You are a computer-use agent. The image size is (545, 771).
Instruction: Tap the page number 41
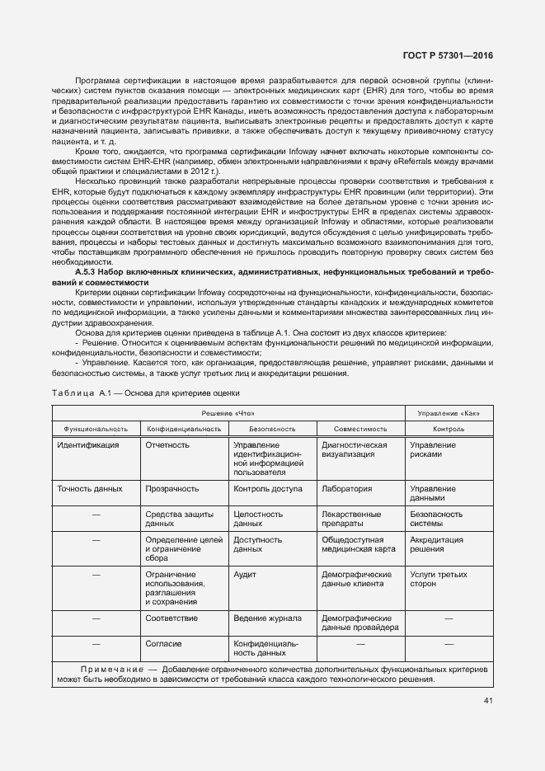tap(487, 702)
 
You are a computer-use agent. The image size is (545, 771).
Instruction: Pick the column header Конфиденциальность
tap(184, 429)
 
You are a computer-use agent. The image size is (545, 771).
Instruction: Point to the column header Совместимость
tap(360, 429)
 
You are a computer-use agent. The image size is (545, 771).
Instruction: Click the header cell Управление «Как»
tap(449, 412)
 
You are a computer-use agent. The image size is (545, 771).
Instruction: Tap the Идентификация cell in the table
tap(88, 445)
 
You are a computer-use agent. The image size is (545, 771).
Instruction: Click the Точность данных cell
tap(90, 489)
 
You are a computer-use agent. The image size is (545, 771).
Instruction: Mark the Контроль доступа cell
tap(268, 489)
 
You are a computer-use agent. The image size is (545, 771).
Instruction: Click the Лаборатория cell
tap(346, 489)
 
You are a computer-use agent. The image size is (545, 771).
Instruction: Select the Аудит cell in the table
tap(244, 574)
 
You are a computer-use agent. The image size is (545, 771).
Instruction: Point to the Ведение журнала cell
tap(267, 618)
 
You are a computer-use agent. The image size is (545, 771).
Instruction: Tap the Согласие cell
tap(163, 643)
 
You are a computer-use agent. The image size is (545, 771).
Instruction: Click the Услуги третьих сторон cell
tap(438, 579)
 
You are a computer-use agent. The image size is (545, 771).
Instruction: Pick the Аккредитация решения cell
tap(437, 544)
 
